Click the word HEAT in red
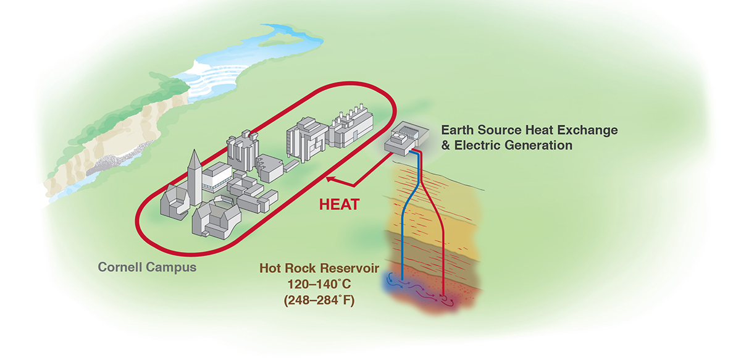tap(339, 204)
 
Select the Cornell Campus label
tap(148, 268)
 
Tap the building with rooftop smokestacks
tap(350, 127)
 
